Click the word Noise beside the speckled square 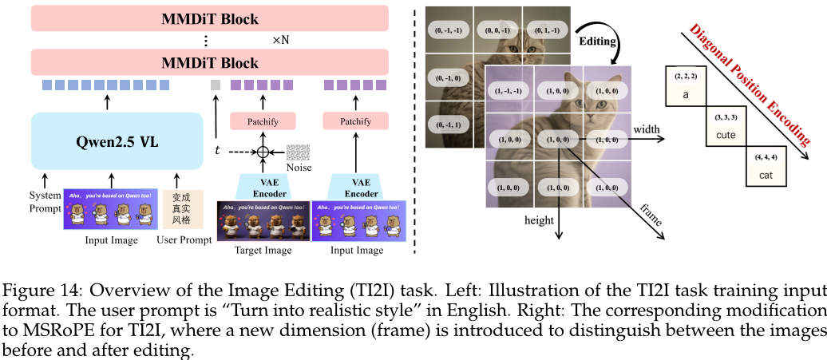coord(298,168)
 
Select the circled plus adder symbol coord(262,151)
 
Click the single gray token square coord(215,85)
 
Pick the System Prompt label coord(45,201)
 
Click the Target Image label coord(263,251)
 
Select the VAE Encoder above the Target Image coord(263,187)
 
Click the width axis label coord(647,129)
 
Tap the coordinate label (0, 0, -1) coord(498,32)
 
